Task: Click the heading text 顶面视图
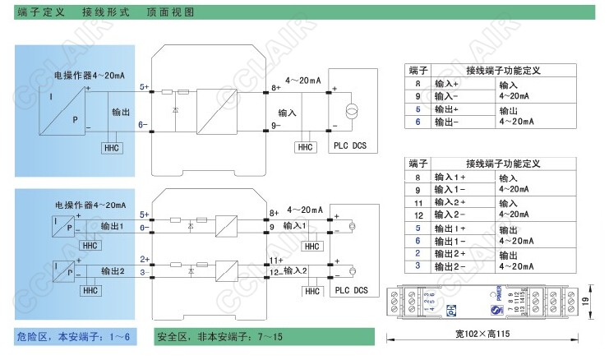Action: click(170, 13)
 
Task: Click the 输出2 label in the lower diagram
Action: click(112, 270)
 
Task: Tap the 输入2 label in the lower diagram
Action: click(294, 270)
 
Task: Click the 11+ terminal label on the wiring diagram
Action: click(275, 260)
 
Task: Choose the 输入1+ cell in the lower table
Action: click(450, 177)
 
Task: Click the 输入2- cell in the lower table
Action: click(450, 215)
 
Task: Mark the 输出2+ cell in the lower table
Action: click(450, 254)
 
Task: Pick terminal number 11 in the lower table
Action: click(418, 202)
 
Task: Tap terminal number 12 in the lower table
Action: click(418, 215)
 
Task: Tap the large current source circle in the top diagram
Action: click(353, 110)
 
